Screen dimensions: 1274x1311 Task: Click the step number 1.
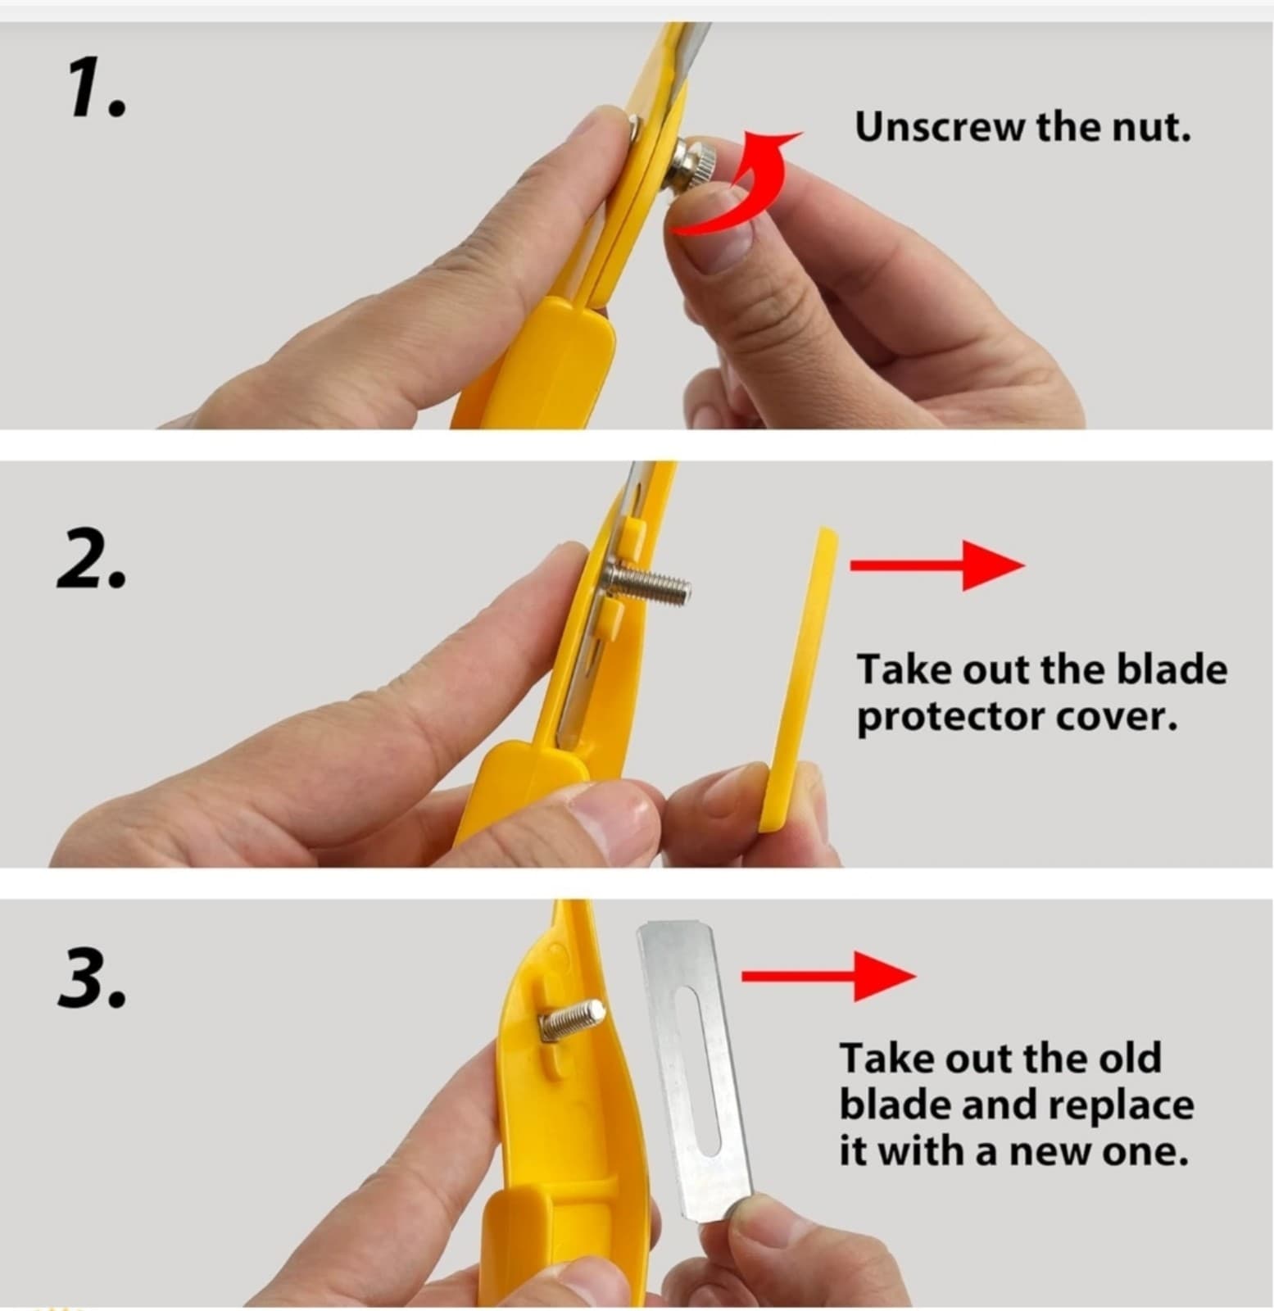point(95,91)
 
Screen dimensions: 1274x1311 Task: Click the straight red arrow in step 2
point(937,565)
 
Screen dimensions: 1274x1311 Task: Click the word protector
point(950,719)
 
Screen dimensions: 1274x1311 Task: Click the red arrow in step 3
point(828,975)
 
